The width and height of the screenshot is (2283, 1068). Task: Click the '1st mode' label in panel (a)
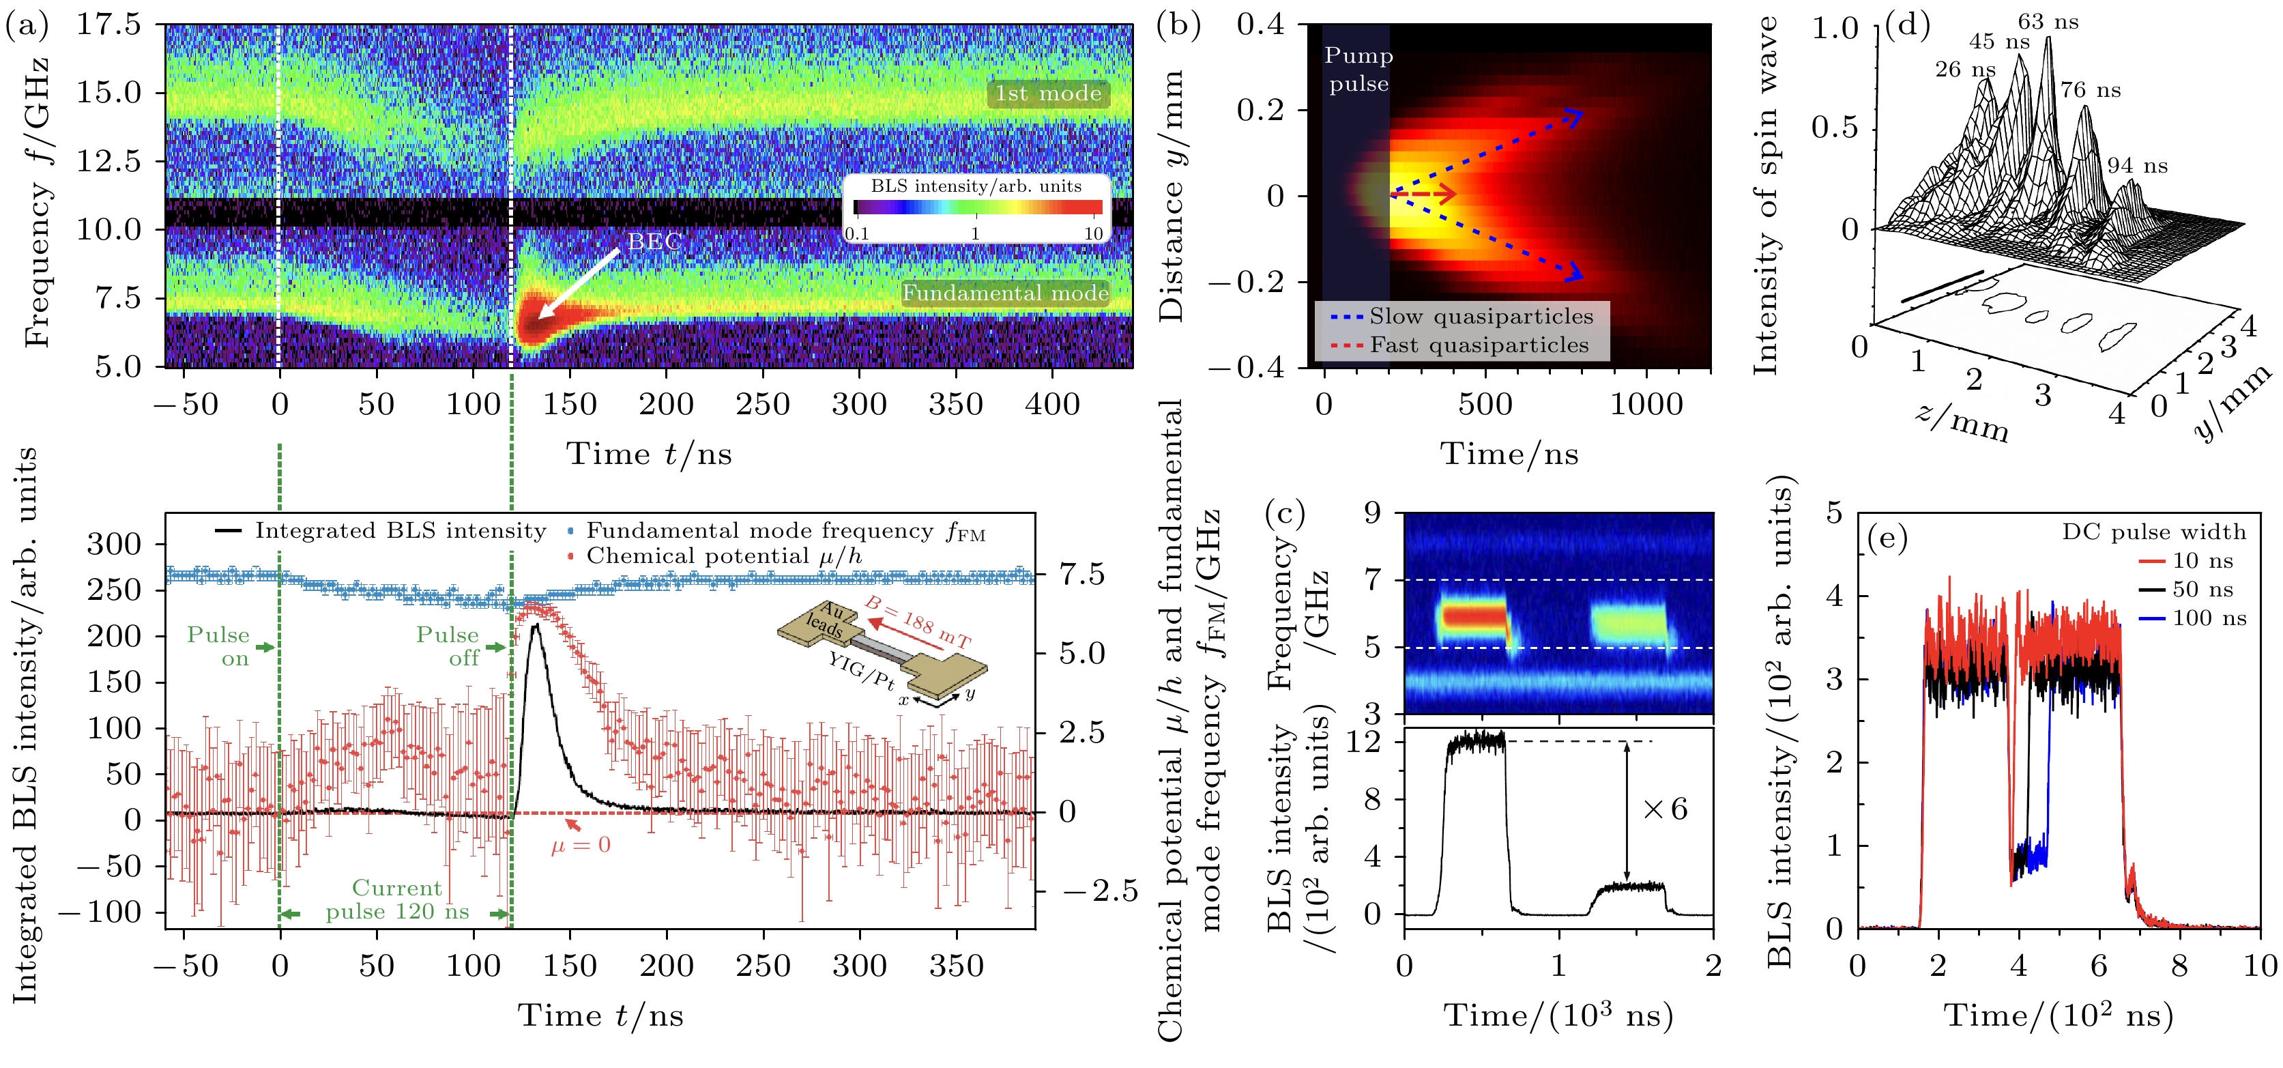pyautogui.click(x=1047, y=93)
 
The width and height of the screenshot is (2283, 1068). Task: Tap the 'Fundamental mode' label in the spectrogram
pyautogui.click(x=1005, y=293)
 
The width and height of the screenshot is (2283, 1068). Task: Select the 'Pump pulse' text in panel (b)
pyautogui.click(x=1358, y=69)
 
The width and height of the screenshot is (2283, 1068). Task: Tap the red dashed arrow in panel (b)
pyautogui.click(x=1423, y=193)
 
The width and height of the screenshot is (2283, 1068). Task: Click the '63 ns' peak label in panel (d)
pyautogui.click(x=2047, y=21)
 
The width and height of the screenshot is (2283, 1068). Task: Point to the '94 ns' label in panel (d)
pyautogui.click(x=2137, y=165)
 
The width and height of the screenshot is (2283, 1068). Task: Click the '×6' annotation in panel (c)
pyautogui.click(x=1664, y=809)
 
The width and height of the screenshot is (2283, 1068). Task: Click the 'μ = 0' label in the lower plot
pyautogui.click(x=581, y=845)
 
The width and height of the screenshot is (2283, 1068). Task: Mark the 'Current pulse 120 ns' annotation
pyautogui.click(x=397, y=899)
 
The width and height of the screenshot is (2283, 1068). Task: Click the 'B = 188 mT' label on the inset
pyautogui.click(x=917, y=621)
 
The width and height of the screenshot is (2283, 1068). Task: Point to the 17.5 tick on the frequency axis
pyautogui.click(x=108, y=25)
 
